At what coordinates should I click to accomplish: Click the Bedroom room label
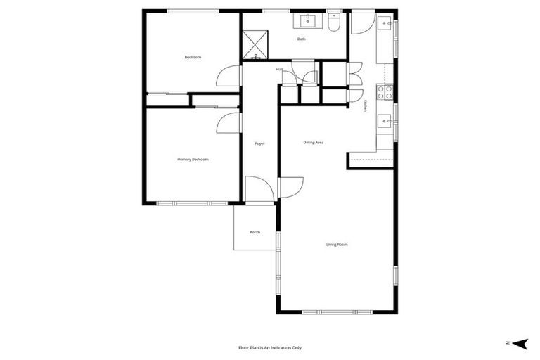193,57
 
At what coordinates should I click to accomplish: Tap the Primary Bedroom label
193,160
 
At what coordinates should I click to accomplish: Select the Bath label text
302,39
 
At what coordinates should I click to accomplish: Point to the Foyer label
259,143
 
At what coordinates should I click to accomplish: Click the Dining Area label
314,143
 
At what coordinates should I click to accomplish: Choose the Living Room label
337,245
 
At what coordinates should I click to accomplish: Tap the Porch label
255,233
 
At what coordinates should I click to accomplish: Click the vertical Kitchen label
366,105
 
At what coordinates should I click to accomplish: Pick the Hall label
279,69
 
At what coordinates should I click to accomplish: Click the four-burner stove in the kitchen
384,93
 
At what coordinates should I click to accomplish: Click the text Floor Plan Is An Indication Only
270,347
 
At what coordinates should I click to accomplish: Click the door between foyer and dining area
291,186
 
